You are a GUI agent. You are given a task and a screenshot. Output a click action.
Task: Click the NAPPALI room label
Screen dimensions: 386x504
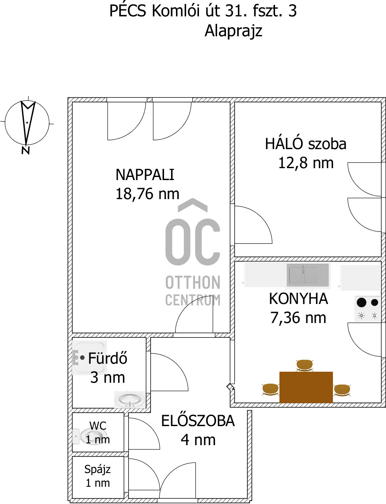[x=145, y=175]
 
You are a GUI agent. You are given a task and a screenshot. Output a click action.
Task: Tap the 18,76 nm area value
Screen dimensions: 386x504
[x=147, y=194]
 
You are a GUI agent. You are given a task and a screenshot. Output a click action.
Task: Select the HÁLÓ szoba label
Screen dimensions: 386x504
[x=306, y=143]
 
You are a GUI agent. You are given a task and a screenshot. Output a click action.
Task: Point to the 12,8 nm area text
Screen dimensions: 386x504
[x=306, y=163]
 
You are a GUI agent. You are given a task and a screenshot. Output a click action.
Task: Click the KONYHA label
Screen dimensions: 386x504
[x=298, y=299]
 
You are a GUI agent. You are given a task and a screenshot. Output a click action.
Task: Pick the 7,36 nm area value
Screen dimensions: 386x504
[x=298, y=318]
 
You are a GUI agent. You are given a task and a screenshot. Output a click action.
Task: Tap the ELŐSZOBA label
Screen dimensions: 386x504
[x=198, y=421]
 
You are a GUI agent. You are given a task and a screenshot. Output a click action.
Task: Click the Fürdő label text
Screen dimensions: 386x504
[x=107, y=358]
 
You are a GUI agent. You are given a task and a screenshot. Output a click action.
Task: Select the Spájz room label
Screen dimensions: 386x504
[x=98, y=469]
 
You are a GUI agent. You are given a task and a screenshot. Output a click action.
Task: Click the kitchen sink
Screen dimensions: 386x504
[x=308, y=275]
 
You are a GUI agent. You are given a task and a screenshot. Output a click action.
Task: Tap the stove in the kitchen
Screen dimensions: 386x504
[x=368, y=308]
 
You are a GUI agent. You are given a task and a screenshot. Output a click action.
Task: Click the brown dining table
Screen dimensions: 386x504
[x=306, y=387]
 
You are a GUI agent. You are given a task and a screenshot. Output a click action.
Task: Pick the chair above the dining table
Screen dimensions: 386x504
[x=305, y=365]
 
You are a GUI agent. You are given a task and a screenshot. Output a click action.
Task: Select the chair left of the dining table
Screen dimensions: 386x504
[x=271, y=389]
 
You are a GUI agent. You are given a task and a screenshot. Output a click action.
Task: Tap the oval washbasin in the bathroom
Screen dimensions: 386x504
[x=130, y=400]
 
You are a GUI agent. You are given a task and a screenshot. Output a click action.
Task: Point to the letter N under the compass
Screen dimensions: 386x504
[x=26, y=150]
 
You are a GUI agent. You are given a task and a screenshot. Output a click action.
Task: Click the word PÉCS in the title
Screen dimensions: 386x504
[x=128, y=11]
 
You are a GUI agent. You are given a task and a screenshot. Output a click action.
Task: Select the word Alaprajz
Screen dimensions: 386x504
[x=233, y=31]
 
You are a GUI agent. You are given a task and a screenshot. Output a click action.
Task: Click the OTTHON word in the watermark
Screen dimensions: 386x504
[x=193, y=283]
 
